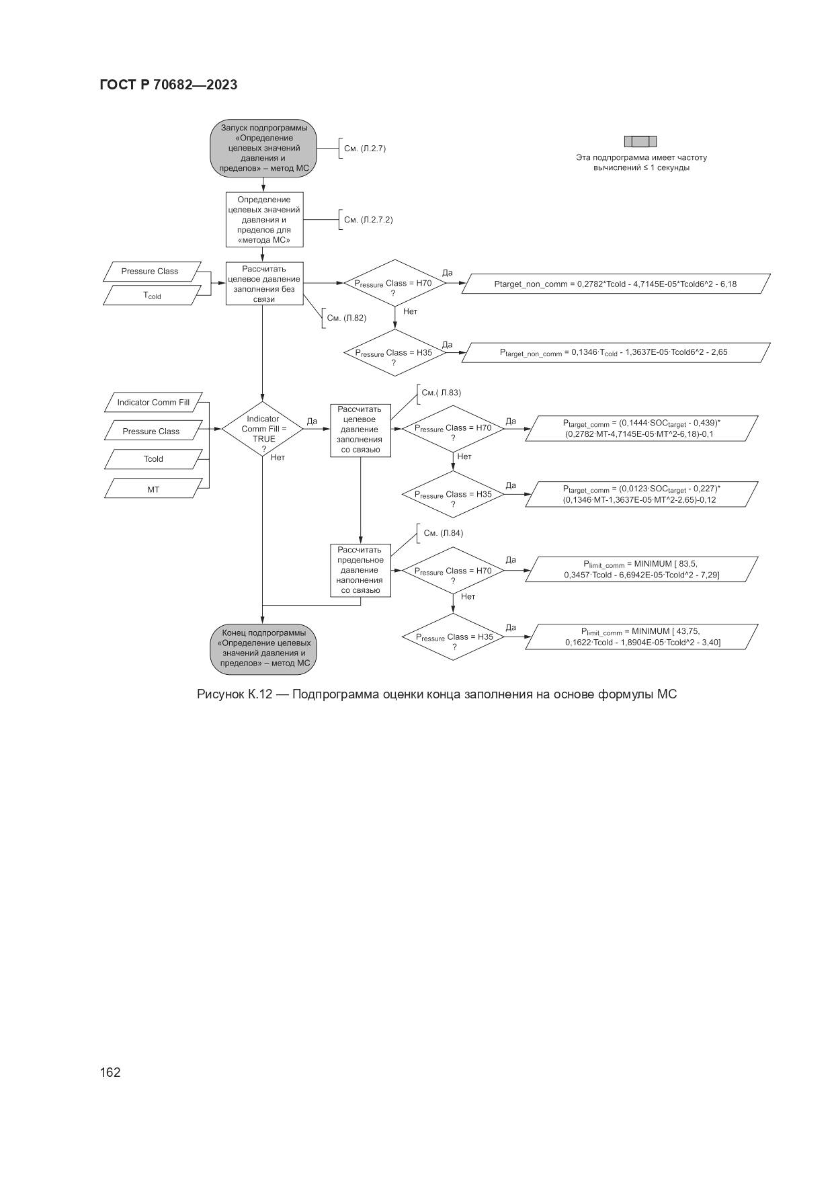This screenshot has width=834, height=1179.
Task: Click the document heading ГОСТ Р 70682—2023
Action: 168,85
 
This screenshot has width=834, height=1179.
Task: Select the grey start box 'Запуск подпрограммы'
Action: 263,149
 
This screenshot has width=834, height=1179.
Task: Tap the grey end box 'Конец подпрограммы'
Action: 263,648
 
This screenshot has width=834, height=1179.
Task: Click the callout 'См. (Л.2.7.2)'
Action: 368,220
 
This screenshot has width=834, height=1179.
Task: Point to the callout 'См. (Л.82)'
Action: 347,318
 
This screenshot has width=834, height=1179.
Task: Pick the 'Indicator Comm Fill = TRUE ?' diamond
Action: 262,429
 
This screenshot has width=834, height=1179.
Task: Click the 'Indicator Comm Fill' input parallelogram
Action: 153,403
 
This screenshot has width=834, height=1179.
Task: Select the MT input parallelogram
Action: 153,489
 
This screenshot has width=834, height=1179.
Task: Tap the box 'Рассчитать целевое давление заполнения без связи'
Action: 263,284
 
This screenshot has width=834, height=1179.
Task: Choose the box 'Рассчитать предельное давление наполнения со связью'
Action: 360,570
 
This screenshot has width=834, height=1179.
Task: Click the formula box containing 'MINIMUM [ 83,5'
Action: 641,569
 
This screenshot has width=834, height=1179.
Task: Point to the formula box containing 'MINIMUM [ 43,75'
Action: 641,637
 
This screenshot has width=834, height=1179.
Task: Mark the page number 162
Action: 110,1072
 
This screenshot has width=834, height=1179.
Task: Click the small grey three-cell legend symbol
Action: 640,141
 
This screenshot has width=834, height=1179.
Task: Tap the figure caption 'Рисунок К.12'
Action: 436,694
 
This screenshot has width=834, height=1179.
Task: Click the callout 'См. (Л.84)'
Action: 443,533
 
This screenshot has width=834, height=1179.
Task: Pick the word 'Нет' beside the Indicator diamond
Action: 278,458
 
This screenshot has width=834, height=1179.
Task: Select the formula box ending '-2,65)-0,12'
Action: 641,494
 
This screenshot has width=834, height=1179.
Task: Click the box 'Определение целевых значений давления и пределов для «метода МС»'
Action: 263,220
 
